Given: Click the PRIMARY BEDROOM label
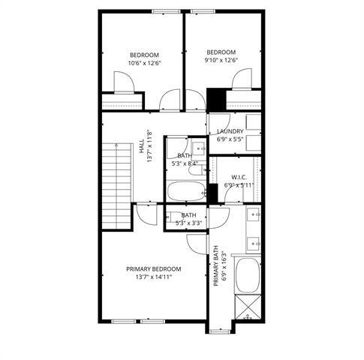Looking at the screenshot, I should (153, 269).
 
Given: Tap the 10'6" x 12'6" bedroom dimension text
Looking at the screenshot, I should (144, 63).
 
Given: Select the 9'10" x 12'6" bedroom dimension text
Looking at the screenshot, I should (221, 61).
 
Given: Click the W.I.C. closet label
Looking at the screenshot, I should (239, 178).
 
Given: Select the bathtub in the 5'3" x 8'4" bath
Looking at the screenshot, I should (184, 191).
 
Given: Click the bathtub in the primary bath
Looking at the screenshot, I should (248, 276).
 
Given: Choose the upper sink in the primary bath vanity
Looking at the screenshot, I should (254, 216).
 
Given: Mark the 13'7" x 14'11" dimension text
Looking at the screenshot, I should (153, 277).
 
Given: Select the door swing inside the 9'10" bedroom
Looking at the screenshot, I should (242, 79).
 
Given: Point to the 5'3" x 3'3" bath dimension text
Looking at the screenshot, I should (188, 223).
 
